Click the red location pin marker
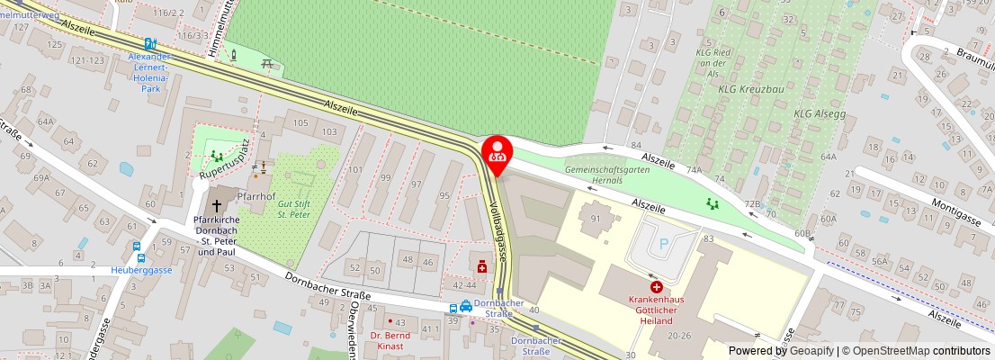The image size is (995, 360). point(497,151)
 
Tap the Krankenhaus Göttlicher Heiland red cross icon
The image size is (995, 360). point(656,286)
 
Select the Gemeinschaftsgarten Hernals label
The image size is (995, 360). point(609,175)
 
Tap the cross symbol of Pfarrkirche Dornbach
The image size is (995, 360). point(215,205)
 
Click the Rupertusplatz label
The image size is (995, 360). point(224,159)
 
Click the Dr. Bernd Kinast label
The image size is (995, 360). point(390,340)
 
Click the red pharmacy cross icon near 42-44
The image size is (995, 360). point(482,266)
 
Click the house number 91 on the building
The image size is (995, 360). point(595,218)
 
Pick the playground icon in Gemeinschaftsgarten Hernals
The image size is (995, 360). point(713,204)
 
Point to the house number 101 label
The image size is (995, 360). point(357,169)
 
